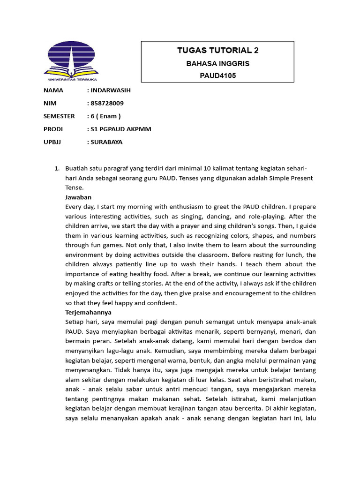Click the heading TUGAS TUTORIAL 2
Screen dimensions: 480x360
click(x=217, y=51)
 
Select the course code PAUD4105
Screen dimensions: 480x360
click(x=217, y=75)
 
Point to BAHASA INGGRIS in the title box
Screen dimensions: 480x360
click(x=217, y=63)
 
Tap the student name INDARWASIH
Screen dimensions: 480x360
click(x=109, y=90)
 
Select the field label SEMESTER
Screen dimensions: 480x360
click(x=59, y=116)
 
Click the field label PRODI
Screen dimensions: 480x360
click(x=53, y=129)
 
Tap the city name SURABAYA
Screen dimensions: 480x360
click(x=106, y=142)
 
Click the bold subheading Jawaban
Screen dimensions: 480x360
click(x=78, y=197)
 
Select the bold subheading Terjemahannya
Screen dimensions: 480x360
click(x=88, y=312)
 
